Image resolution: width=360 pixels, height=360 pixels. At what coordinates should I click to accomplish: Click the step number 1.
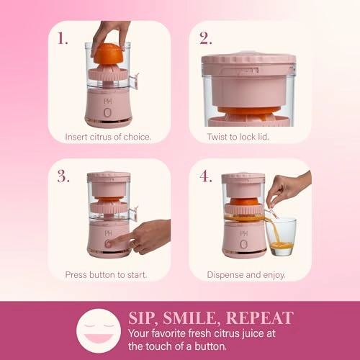(x=63, y=38)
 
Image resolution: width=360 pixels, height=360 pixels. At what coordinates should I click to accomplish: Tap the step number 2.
(x=205, y=38)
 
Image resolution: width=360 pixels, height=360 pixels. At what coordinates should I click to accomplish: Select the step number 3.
(x=63, y=177)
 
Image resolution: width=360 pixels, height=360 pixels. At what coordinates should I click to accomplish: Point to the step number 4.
(x=205, y=177)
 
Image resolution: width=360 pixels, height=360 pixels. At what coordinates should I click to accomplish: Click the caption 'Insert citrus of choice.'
(x=108, y=136)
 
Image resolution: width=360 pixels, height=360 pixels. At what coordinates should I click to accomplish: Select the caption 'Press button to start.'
(x=106, y=274)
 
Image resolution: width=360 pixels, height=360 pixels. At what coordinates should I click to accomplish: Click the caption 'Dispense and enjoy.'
(x=246, y=274)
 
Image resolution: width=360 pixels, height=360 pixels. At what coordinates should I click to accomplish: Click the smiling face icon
(x=98, y=330)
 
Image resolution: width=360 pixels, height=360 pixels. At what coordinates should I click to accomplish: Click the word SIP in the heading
(x=143, y=318)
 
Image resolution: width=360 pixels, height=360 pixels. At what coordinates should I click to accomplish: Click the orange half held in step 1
(x=108, y=55)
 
